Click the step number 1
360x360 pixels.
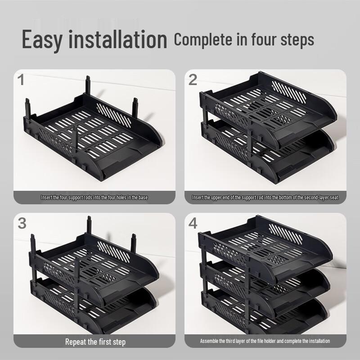[21, 80]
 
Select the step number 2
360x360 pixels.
[193, 80]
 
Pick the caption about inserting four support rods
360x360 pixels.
[94, 198]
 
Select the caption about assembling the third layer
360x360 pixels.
[265, 341]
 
